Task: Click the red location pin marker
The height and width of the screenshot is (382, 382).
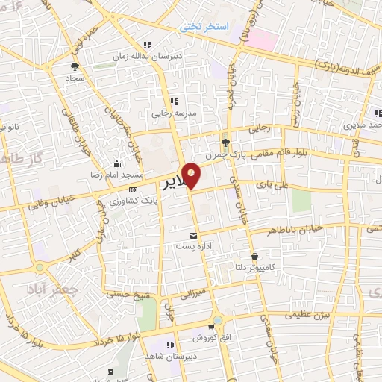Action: click(x=192, y=175)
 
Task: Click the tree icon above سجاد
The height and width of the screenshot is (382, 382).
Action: click(x=75, y=65)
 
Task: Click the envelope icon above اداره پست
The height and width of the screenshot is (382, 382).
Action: click(x=194, y=235)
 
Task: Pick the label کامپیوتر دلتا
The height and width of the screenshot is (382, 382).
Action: click(x=273, y=267)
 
